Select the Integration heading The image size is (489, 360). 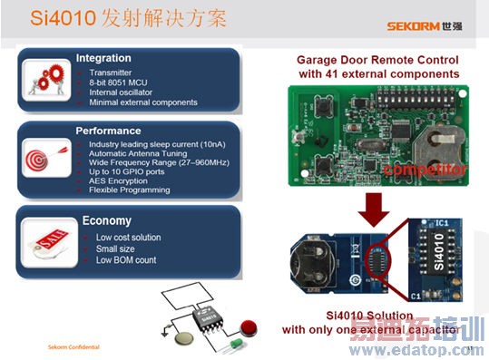click(103, 58)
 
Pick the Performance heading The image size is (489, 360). click(108, 131)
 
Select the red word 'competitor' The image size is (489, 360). click(425, 170)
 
